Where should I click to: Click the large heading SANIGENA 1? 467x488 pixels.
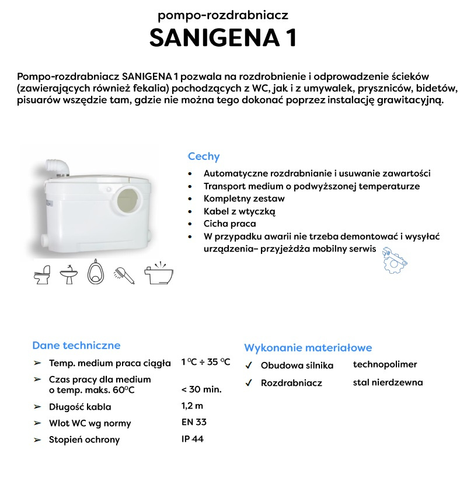point(224,37)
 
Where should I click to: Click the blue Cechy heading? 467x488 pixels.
point(203,156)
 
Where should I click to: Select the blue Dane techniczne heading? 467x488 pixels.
point(76,345)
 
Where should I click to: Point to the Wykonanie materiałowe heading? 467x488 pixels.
point(308,348)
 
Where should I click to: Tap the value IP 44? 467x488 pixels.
point(193,439)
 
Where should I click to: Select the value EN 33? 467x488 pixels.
point(194,422)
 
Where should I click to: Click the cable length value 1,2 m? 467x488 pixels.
point(192,406)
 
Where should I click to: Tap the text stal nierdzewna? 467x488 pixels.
point(388,382)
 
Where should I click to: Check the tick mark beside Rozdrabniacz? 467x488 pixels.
point(249,383)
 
